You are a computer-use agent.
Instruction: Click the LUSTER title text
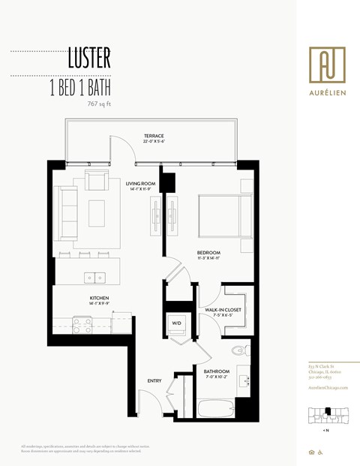coord(89,57)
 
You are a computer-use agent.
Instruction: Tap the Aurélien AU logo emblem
coord(327,63)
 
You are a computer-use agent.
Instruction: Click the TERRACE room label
coord(154,136)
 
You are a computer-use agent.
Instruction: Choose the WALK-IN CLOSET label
coord(217,310)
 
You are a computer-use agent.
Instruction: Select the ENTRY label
coord(154,381)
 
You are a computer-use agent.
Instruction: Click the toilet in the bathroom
coord(239,348)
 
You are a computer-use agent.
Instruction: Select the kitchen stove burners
coord(82,324)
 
